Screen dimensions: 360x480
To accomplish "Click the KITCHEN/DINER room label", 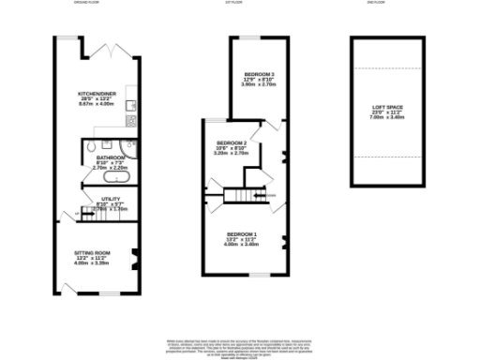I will click(x=97, y=95).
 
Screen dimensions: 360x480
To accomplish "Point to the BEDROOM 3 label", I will click(x=259, y=74).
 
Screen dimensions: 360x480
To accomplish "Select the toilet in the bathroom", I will click(x=88, y=148).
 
